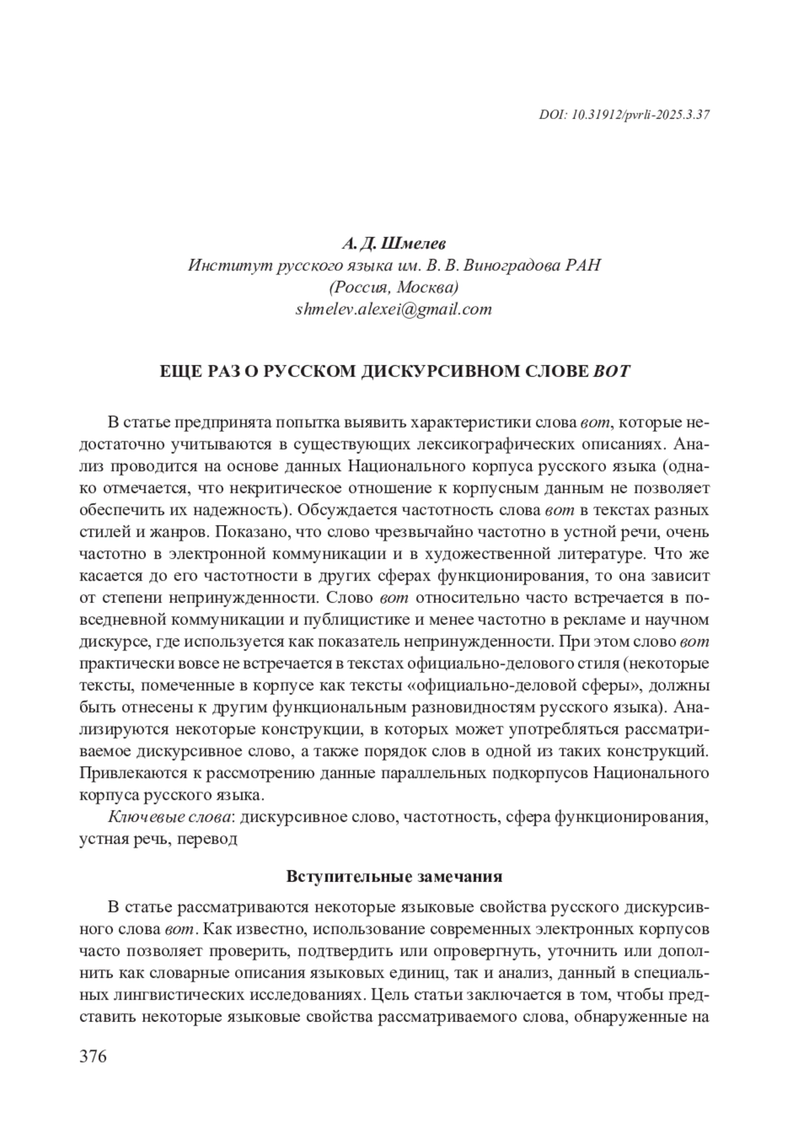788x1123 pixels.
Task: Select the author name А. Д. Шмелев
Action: pos(393,244)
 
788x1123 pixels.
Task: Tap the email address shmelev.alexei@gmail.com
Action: pos(393,309)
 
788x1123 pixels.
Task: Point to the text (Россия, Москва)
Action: pos(393,288)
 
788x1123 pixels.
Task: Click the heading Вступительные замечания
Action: pos(394,877)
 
